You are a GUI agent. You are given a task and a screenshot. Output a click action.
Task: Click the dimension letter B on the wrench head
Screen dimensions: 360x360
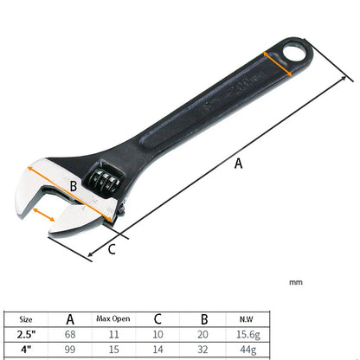coord(74,185)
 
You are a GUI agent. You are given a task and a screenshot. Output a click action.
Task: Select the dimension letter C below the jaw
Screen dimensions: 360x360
coord(112,251)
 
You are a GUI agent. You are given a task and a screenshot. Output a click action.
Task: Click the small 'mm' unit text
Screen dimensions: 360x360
coord(296,282)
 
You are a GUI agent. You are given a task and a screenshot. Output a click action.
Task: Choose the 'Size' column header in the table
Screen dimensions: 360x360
coord(28,318)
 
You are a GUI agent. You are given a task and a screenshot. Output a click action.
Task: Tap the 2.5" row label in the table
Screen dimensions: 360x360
coord(28,333)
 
